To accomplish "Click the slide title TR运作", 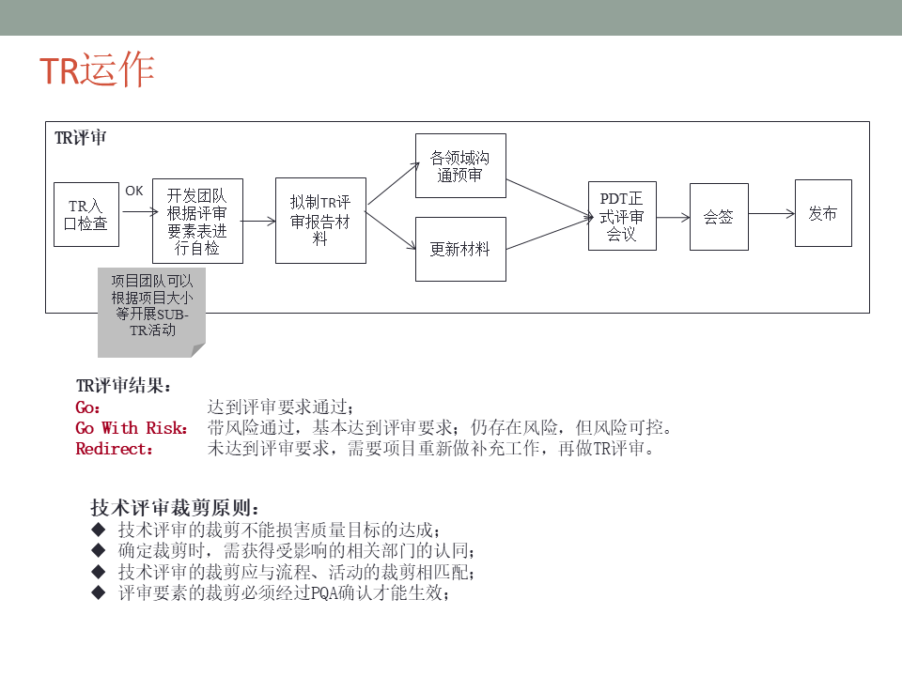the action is pos(97,71).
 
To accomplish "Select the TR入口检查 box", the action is pos(86,215).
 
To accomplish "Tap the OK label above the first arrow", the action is pos(134,191).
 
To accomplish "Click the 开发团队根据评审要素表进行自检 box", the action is pos(197,222).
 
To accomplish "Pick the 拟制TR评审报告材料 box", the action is pos(320,221).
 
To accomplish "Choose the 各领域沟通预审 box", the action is pos(460,166).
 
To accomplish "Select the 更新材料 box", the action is pos(460,250).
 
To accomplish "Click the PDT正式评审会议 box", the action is pos(622,216).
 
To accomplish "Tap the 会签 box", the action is pos(719,217).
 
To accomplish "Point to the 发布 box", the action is pos(823,213).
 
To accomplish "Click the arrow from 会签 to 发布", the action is pos(771,214).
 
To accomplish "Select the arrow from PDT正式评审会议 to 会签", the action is pos(673,217).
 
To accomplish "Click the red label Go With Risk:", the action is pos(132,428).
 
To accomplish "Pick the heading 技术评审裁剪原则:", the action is pos(174,508).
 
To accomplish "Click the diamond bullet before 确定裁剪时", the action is pos(99,550).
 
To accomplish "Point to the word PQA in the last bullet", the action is pos(323,593).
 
